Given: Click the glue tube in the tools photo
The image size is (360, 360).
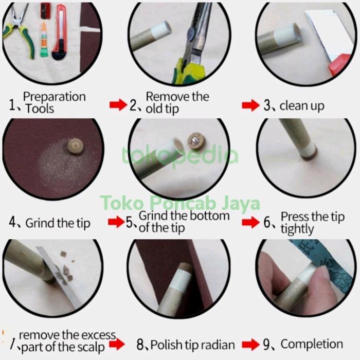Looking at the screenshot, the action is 44,40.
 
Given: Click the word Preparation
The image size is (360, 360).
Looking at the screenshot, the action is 55,97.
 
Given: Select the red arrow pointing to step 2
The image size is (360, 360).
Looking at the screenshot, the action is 118,105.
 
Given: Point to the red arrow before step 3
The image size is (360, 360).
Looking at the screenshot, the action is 251,105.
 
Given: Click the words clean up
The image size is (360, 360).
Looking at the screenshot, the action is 302,106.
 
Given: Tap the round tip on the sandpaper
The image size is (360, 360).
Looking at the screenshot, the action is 75,146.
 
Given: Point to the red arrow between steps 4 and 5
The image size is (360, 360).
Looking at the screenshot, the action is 116,222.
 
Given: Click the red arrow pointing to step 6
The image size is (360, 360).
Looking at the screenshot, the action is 251,222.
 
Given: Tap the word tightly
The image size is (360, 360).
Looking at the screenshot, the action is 297,229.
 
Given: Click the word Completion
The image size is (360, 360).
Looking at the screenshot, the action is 312,344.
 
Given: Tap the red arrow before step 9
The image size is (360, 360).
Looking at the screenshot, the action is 251,345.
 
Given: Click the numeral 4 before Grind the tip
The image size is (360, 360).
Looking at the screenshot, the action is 12,222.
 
